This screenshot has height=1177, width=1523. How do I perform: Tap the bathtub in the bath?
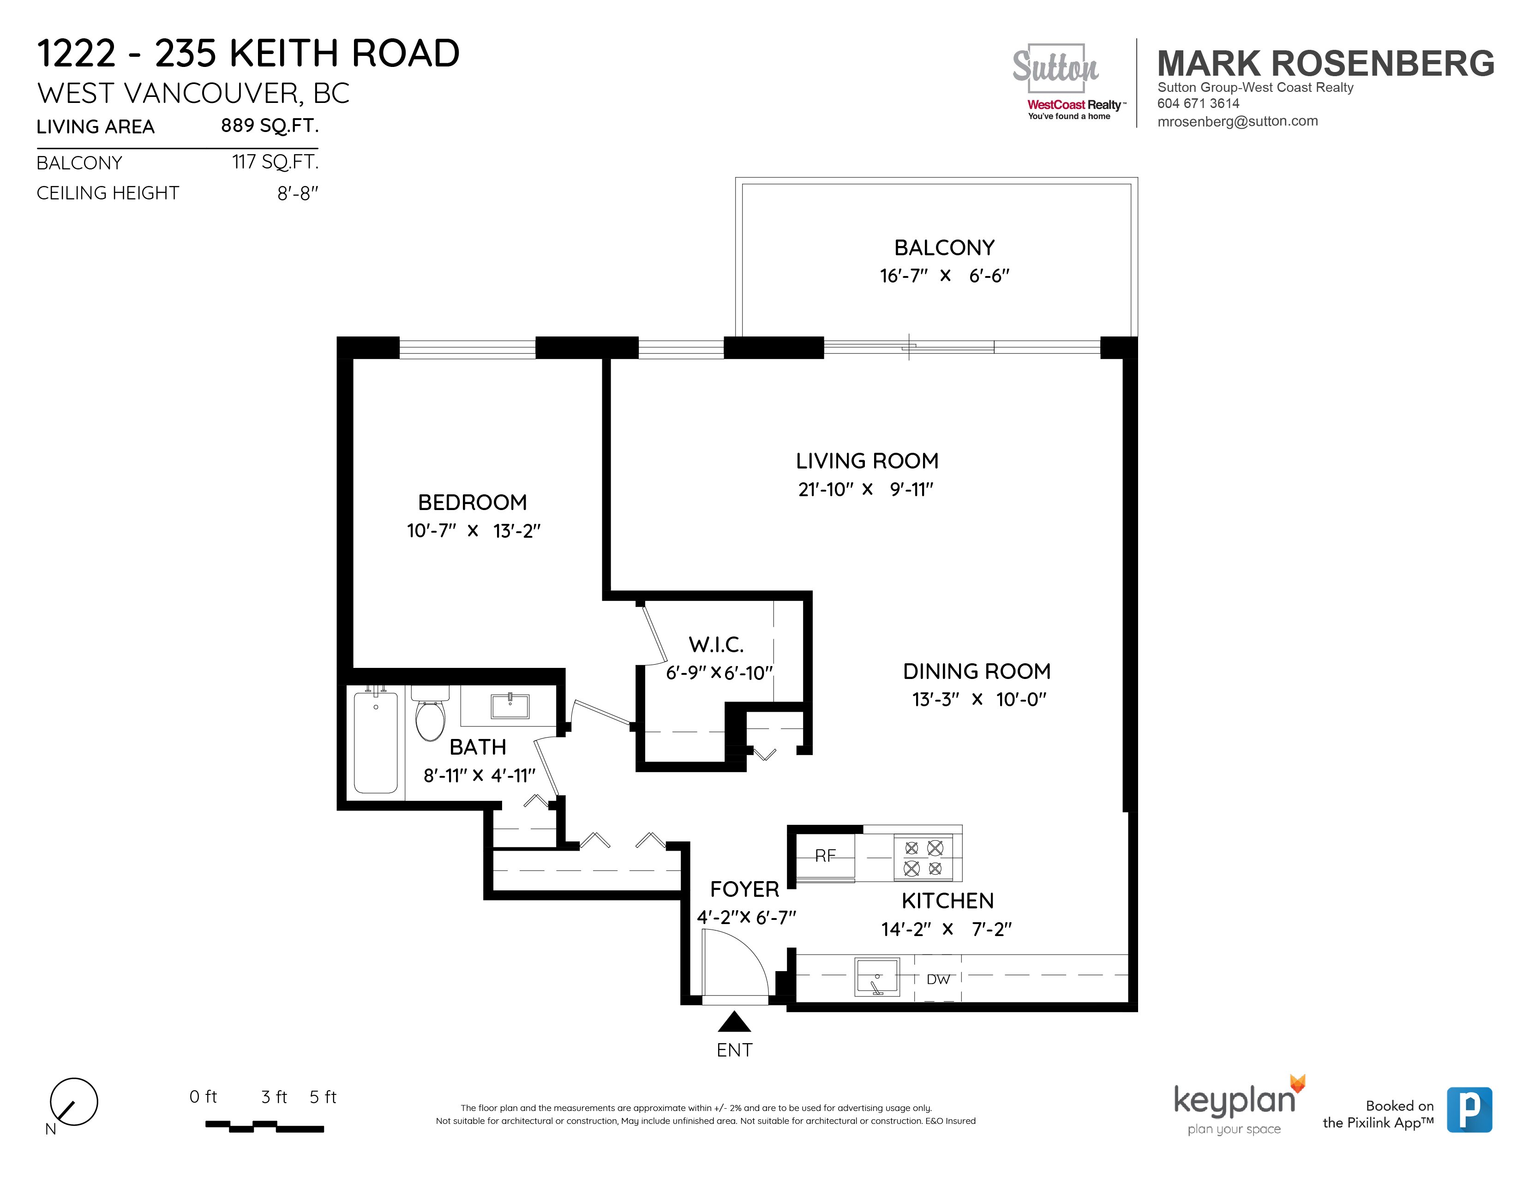tap(376, 742)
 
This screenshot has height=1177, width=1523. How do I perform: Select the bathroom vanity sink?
tap(510, 706)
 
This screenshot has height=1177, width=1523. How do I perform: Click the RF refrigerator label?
tap(825, 856)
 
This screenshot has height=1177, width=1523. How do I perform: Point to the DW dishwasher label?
tap(938, 979)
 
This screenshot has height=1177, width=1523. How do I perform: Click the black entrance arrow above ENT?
tap(734, 1022)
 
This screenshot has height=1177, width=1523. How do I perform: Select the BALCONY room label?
tap(944, 247)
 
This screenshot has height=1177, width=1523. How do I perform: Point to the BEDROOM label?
tap(472, 502)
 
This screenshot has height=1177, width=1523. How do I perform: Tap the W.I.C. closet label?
tap(716, 644)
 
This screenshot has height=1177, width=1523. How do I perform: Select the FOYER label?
tap(744, 889)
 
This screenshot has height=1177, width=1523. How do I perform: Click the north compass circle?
tap(74, 1102)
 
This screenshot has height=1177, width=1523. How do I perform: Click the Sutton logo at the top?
tap(1055, 68)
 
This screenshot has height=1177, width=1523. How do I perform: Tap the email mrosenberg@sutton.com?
tap(1237, 120)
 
